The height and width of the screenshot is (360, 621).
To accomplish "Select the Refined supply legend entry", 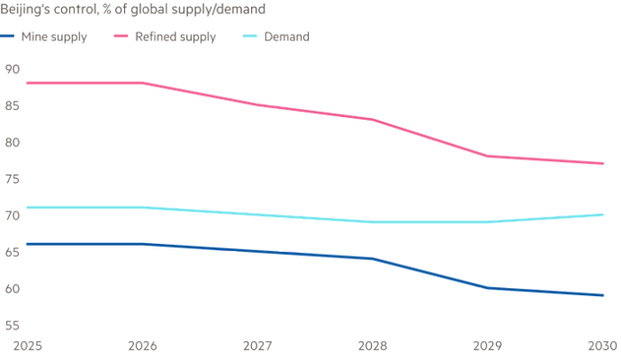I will (x=175, y=38).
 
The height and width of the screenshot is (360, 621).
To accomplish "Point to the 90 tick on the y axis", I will (x=13, y=67).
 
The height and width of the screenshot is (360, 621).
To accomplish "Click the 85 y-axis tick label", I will (x=13, y=104).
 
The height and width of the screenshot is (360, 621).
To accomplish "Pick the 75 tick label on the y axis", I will (x=13, y=179).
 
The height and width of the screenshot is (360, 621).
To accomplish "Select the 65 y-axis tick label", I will (x=13, y=253).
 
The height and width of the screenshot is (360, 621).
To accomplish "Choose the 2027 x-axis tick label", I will (x=258, y=345).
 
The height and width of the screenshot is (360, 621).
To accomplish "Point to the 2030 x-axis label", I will (x=602, y=345).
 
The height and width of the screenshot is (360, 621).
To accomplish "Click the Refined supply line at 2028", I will (x=373, y=119).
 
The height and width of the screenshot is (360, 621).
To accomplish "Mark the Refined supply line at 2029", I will (x=488, y=157).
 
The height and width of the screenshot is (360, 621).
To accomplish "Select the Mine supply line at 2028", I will (x=373, y=258).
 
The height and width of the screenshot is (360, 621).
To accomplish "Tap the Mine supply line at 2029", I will (x=488, y=288).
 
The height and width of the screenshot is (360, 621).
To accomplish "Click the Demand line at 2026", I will (x=144, y=208).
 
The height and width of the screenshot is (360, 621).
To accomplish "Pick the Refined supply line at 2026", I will (x=144, y=82).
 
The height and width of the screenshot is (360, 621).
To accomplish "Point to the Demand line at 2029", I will (x=488, y=221).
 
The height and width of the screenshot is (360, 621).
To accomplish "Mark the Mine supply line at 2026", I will (x=144, y=244).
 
